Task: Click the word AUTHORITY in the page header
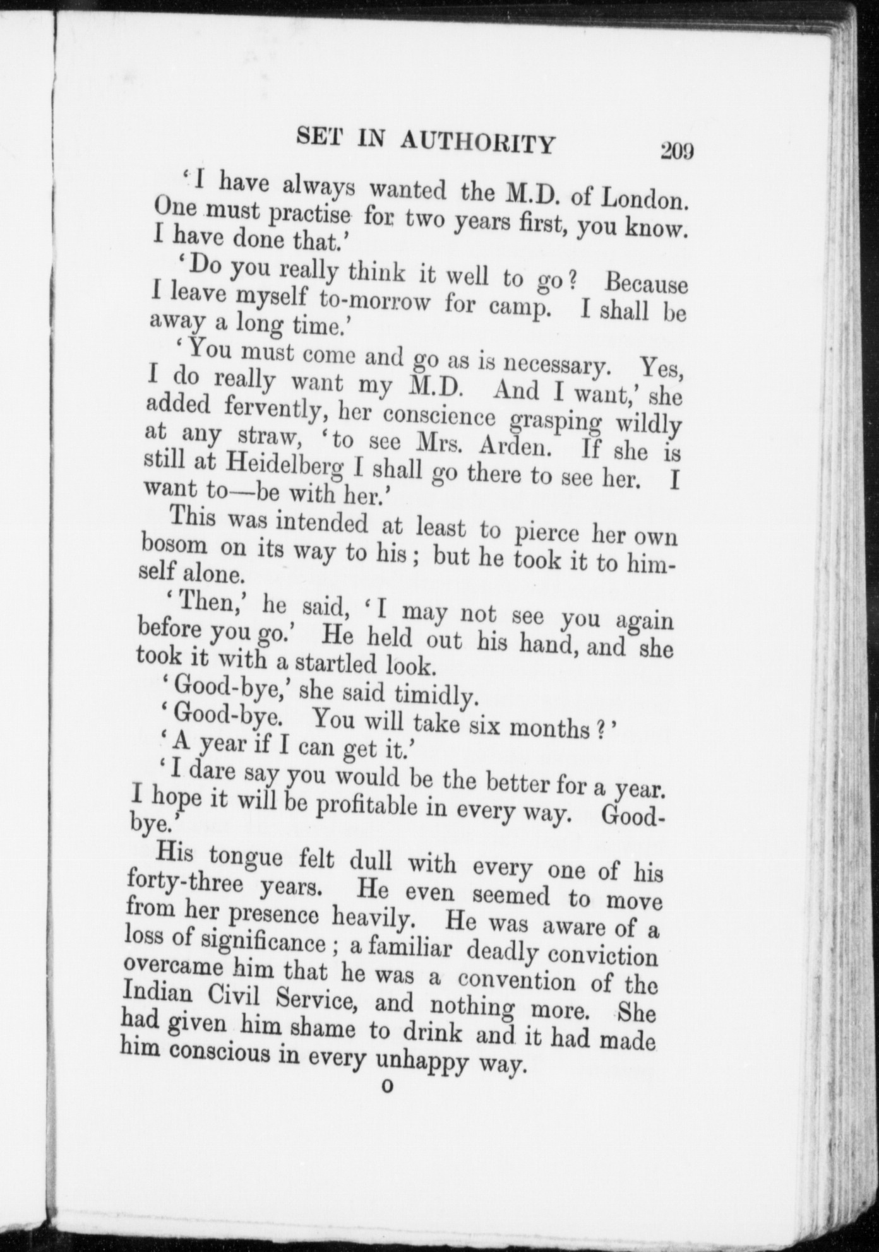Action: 477,143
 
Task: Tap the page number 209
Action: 676,152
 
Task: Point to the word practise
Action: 309,216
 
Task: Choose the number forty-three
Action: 184,883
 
